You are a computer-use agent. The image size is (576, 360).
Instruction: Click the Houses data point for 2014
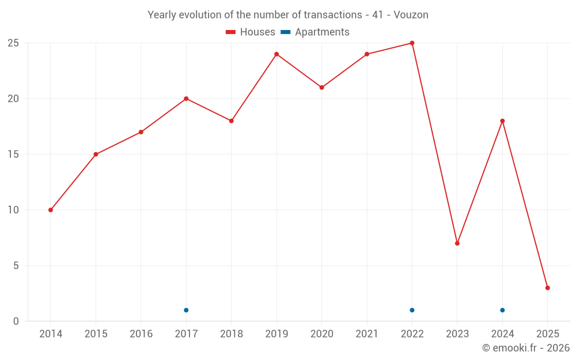[x=51, y=210]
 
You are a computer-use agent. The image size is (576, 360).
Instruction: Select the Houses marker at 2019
[x=276, y=54]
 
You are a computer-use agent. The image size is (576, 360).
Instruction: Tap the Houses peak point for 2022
[x=412, y=43]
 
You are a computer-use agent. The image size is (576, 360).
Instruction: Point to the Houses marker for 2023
[x=457, y=243]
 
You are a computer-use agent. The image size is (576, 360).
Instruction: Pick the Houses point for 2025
[x=547, y=288]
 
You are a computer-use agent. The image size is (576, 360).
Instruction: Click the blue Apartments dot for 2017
[x=186, y=310]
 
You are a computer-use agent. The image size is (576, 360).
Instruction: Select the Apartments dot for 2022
[x=412, y=310]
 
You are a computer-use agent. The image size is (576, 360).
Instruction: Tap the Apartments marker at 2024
[x=502, y=310]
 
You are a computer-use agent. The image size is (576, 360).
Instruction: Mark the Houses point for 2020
[x=321, y=88]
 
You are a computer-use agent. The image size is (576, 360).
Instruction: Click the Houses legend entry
[x=251, y=32]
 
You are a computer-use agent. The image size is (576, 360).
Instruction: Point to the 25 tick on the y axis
[x=13, y=43]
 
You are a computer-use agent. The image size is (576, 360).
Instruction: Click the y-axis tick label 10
[x=13, y=210]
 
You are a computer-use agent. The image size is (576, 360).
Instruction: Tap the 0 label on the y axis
[x=16, y=321]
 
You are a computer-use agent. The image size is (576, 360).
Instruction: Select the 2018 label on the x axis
[x=231, y=334]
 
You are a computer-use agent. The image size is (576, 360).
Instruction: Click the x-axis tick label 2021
[x=367, y=334]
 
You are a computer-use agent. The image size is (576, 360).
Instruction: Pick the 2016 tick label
[x=141, y=334]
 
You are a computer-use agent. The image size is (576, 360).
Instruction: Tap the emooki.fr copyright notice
[x=526, y=348]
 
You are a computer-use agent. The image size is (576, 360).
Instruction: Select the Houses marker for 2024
[x=502, y=121]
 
